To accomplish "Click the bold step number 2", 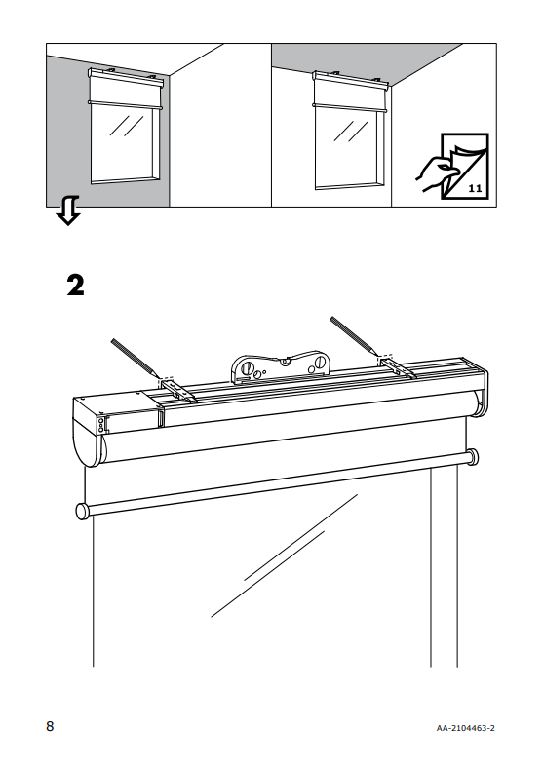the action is [x=76, y=286].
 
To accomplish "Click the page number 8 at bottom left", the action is [x=50, y=726].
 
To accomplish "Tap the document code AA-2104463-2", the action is [x=465, y=728].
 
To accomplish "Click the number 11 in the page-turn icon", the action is [x=475, y=188].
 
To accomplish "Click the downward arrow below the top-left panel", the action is [x=67, y=211].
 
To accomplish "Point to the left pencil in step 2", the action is [x=136, y=358].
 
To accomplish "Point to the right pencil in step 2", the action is [x=353, y=335].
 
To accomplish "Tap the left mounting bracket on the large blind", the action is [x=178, y=391].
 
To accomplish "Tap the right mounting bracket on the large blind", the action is [x=398, y=367].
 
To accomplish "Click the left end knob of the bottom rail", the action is [x=83, y=511].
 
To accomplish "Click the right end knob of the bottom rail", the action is [x=472, y=457].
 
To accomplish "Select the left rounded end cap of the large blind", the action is [x=88, y=433].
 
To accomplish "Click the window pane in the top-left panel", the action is [x=124, y=145].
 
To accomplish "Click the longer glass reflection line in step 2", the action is [x=284, y=555].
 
